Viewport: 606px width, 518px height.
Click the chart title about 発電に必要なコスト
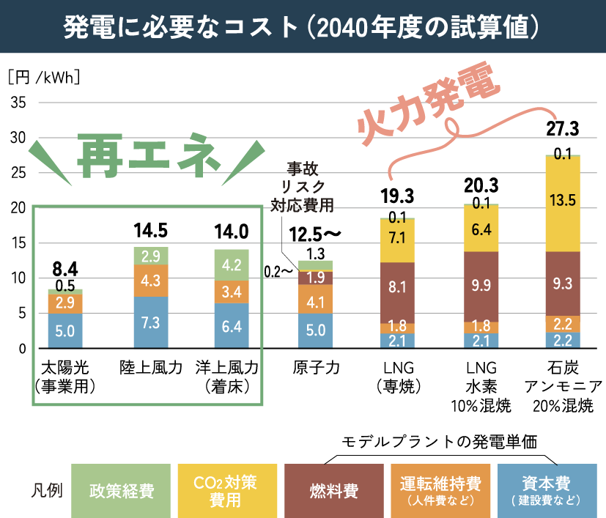point(302,27)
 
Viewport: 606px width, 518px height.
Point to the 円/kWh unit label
point(43,77)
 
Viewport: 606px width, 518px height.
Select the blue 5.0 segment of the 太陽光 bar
point(64,330)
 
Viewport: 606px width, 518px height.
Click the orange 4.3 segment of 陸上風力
point(151,281)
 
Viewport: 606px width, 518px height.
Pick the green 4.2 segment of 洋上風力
point(231,265)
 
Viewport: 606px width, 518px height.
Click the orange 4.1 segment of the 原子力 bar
point(315,300)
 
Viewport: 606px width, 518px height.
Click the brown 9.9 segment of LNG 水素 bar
point(481,286)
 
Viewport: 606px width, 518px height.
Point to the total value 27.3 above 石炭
point(563,130)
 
